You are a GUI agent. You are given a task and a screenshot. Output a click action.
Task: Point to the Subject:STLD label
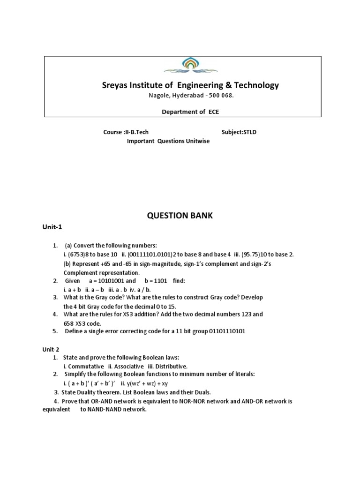tap(239, 132)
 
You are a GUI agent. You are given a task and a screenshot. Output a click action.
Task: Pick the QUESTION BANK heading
tap(180, 215)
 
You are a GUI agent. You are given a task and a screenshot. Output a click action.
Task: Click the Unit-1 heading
tap(52, 227)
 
